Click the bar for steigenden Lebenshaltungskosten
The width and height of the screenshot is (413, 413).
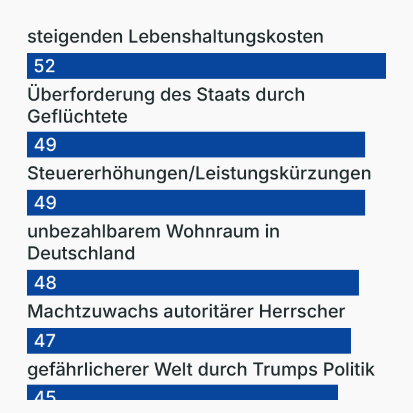206,66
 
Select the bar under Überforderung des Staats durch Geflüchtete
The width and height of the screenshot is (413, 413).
196,145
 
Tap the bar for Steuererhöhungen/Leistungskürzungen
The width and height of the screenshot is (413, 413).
196,203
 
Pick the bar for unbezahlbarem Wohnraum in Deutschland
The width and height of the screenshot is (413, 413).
193,283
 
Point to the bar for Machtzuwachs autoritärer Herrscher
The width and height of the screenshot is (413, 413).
189,341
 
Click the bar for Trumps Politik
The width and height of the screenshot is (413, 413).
183,393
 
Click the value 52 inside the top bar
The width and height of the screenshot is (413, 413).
45,66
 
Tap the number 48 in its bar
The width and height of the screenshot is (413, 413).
45,283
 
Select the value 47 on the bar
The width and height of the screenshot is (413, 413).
45,341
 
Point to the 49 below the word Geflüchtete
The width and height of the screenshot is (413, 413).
45,145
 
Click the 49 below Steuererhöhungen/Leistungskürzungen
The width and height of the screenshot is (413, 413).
45,203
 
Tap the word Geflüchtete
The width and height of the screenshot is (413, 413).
77,117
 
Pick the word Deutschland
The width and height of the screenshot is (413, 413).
81,254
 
